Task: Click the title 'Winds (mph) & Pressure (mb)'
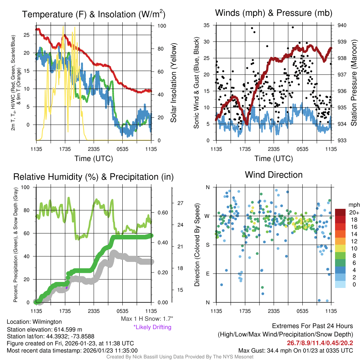(x=274, y=13)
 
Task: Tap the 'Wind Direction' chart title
(x=274, y=175)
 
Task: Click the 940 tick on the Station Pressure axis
(x=342, y=25)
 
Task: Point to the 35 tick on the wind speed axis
(x=207, y=25)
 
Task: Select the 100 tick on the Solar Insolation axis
(x=162, y=26)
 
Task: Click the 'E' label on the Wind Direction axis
(x=207, y=274)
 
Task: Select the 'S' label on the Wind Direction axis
(x=207, y=245)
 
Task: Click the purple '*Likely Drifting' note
(x=152, y=327)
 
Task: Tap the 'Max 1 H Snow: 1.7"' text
(x=147, y=319)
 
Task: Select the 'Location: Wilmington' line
(x=34, y=322)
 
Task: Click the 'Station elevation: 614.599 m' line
(x=44, y=329)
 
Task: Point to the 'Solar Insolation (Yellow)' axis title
(x=173, y=83)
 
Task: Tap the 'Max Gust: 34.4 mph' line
(x=296, y=351)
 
